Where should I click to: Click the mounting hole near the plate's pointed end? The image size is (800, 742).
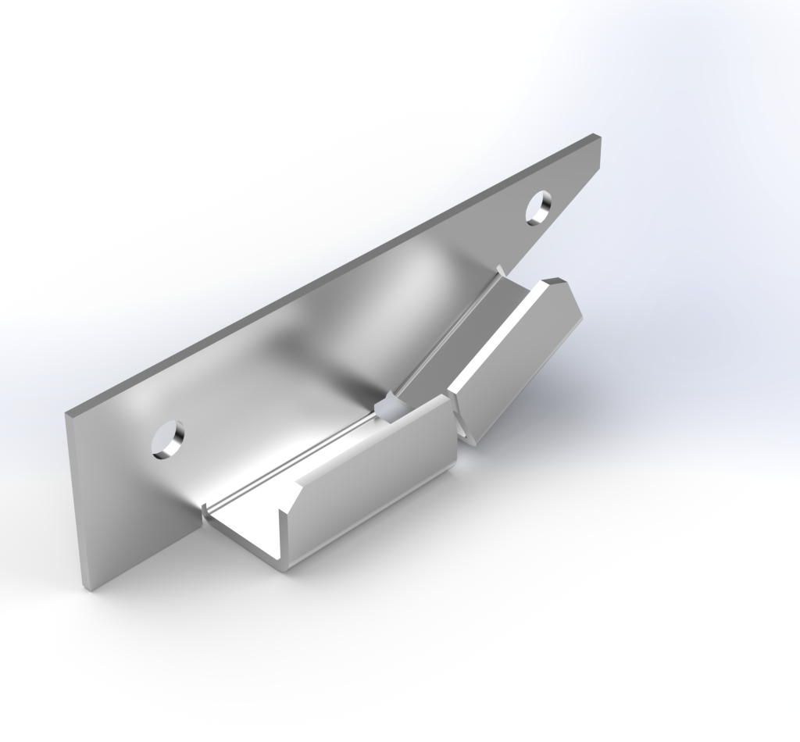coord(537,207)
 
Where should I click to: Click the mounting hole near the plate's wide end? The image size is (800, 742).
coord(169,440)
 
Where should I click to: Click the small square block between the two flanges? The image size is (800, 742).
coord(387,408)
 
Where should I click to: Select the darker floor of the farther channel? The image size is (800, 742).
coord(469,336)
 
